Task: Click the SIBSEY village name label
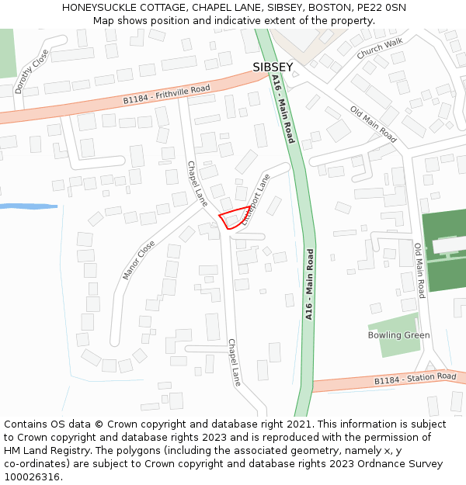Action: [x=273, y=68]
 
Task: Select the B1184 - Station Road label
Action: [x=415, y=379]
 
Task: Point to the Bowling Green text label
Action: [x=398, y=335]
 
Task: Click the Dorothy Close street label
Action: [x=32, y=71]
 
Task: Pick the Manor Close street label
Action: [x=139, y=260]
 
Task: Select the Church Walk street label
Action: [x=380, y=50]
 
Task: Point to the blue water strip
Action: [x=28, y=206]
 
